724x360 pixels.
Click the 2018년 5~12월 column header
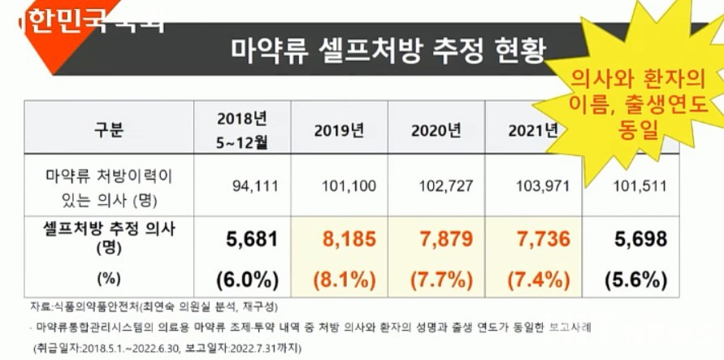pos(242,128)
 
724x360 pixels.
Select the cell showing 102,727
pos(446,186)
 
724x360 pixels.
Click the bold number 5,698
pos(639,239)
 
